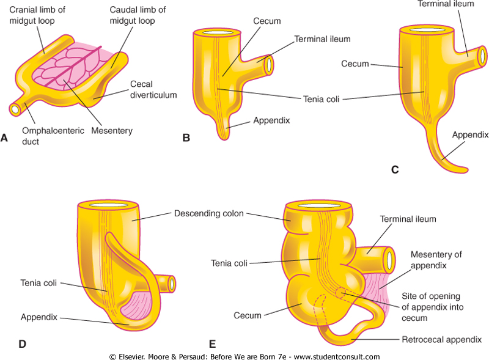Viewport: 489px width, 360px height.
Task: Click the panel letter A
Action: pos(4,139)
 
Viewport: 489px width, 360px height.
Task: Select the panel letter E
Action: pos(211,344)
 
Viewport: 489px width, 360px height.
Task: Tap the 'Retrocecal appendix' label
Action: pos(442,339)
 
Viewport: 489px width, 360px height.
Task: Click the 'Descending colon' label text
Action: pos(208,213)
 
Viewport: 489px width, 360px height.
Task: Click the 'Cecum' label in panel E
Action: pos(248,315)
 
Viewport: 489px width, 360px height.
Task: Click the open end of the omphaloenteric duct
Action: pos(15,110)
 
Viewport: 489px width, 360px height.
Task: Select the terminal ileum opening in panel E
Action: pos(389,260)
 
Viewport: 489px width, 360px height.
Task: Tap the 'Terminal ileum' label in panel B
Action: pos(322,39)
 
